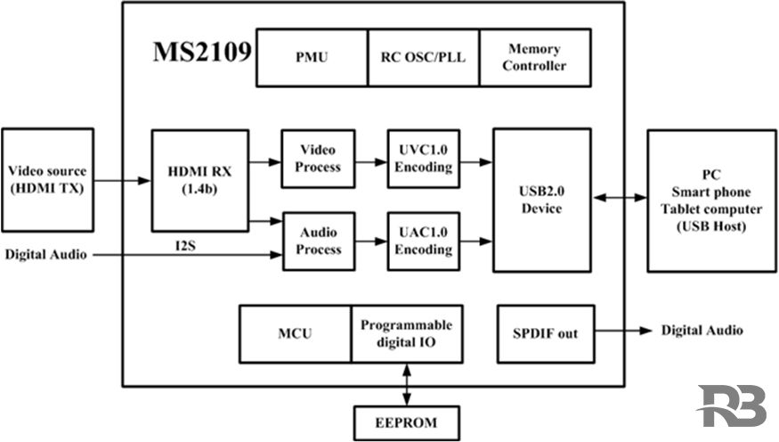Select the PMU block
(312, 58)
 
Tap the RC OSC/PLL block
(423, 58)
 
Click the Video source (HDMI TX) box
(47, 179)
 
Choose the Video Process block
(318, 159)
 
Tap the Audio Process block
(318, 241)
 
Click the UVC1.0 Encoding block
(423, 159)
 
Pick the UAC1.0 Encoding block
(423, 241)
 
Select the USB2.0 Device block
(541, 200)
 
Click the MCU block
(295, 333)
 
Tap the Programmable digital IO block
(406, 333)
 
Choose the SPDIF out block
(543, 333)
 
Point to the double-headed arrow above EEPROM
(407, 383)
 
